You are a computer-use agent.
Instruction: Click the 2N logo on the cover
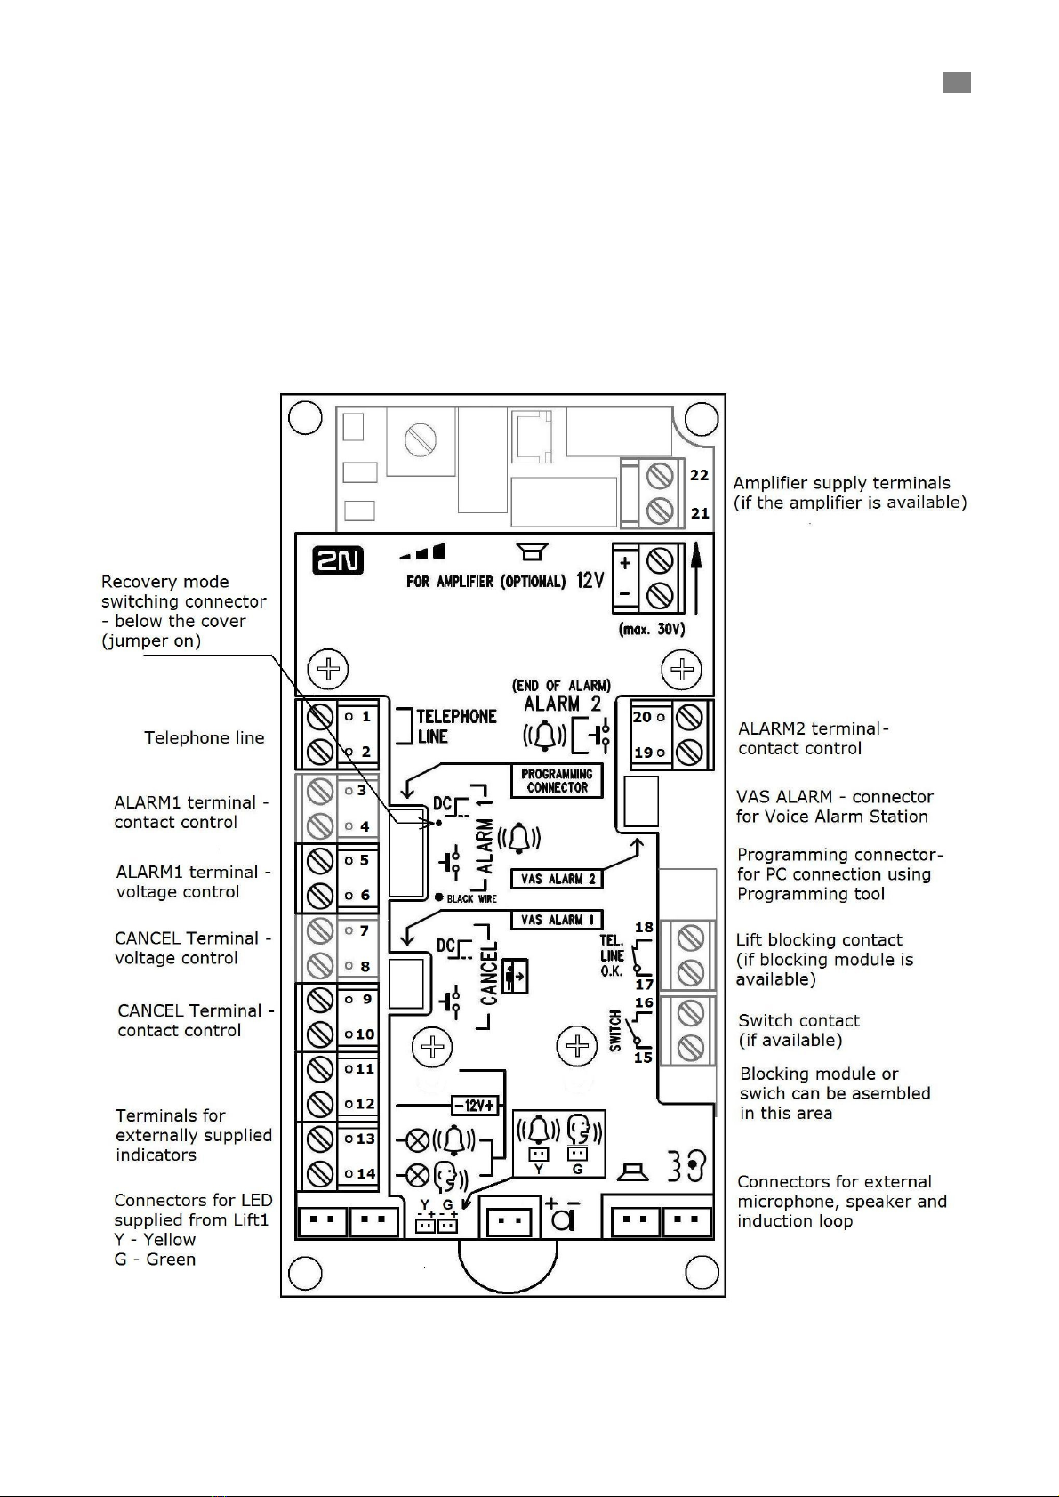pos(338,560)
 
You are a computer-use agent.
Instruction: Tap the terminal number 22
pos(700,475)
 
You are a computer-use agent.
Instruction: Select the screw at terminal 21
pos(660,511)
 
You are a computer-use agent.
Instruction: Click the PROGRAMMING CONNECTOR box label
pos(557,781)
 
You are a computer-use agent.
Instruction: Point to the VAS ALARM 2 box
pos(557,879)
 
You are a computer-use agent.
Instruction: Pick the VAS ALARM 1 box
pos(557,920)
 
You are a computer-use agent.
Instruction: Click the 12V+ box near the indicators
pos(477,1105)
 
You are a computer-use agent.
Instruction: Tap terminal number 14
pos(365,1173)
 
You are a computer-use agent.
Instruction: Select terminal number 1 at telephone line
pos(365,716)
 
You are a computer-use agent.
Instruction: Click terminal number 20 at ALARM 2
pos(642,717)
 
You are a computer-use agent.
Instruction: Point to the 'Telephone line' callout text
pos(205,737)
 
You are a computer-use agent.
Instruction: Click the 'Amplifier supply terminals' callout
pos(849,493)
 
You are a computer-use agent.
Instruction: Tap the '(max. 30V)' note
pos(651,630)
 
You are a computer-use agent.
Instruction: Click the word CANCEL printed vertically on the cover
pos(489,976)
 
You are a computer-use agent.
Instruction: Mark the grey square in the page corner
pos(957,83)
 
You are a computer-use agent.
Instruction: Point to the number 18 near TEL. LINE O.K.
pos(644,928)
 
